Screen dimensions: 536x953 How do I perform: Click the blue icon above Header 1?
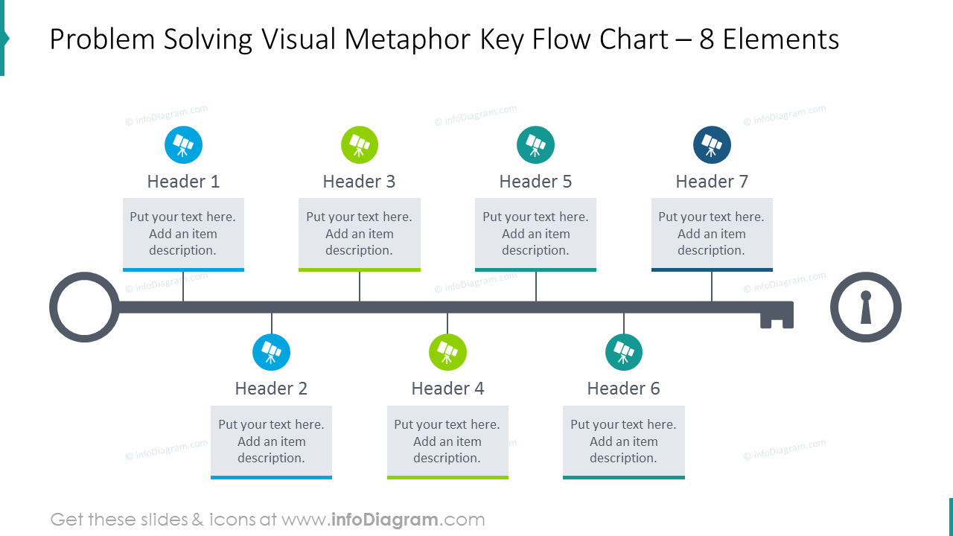click(x=183, y=144)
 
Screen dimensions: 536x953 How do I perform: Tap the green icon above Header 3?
click(x=360, y=144)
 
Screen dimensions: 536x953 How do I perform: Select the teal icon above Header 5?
click(x=535, y=144)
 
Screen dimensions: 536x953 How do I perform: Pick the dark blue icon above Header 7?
click(x=712, y=144)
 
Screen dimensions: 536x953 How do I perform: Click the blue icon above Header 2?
click(x=271, y=352)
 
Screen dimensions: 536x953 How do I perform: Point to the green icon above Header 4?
click(x=447, y=352)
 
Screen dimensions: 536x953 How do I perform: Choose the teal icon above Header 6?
click(x=624, y=352)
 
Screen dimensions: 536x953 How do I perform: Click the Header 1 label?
click(x=183, y=182)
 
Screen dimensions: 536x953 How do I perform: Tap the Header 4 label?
click(x=447, y=389)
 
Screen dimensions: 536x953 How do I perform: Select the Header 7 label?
click(x=712, y=182)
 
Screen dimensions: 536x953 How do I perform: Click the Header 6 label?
click(x=624, y=389)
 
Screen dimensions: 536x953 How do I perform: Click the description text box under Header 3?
click(x=360, y=233)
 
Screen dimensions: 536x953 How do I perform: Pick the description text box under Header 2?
click(x=271, y=441)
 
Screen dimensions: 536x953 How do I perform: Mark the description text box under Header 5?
click(x=535, y=233)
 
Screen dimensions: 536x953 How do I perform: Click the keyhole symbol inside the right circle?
click(x=866, y=307)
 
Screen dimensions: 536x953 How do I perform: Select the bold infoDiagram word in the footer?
click(x=383, y=520)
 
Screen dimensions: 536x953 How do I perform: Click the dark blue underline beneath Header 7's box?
click(x=712, y=269)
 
